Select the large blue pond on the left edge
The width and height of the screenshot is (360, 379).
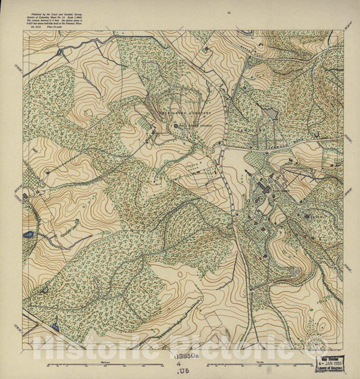tap(28, 235)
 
